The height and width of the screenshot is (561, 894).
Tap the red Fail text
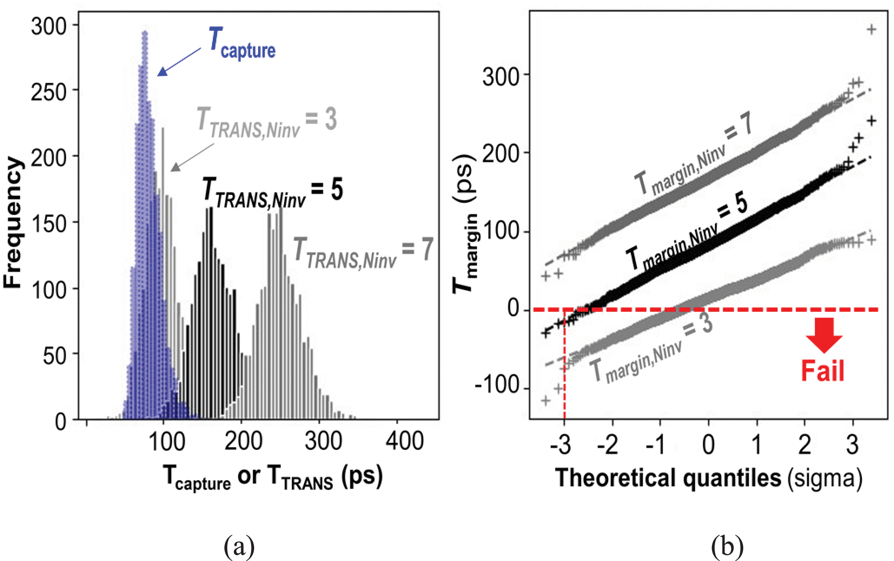[822, 372]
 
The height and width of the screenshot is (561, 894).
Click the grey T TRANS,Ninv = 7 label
[363, 252]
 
